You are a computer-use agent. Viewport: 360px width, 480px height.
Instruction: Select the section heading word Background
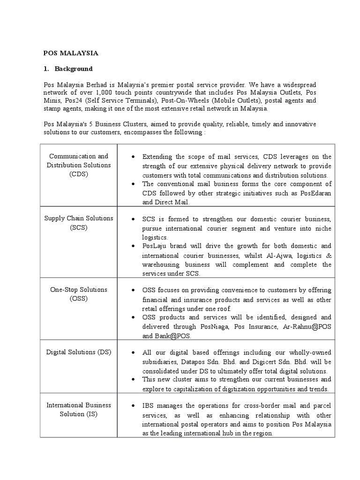tap(74, 69)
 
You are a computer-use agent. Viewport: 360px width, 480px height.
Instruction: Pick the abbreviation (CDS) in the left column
tap(79, 174)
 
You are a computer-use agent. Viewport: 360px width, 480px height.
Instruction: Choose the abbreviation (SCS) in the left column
tap(79, 227)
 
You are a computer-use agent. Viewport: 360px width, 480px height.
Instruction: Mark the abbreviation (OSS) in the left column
tap(79, 298)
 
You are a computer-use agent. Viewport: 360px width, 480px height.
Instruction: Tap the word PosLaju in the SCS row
tap(156, 246)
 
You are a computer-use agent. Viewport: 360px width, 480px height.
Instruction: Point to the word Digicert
tap(263, 362)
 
